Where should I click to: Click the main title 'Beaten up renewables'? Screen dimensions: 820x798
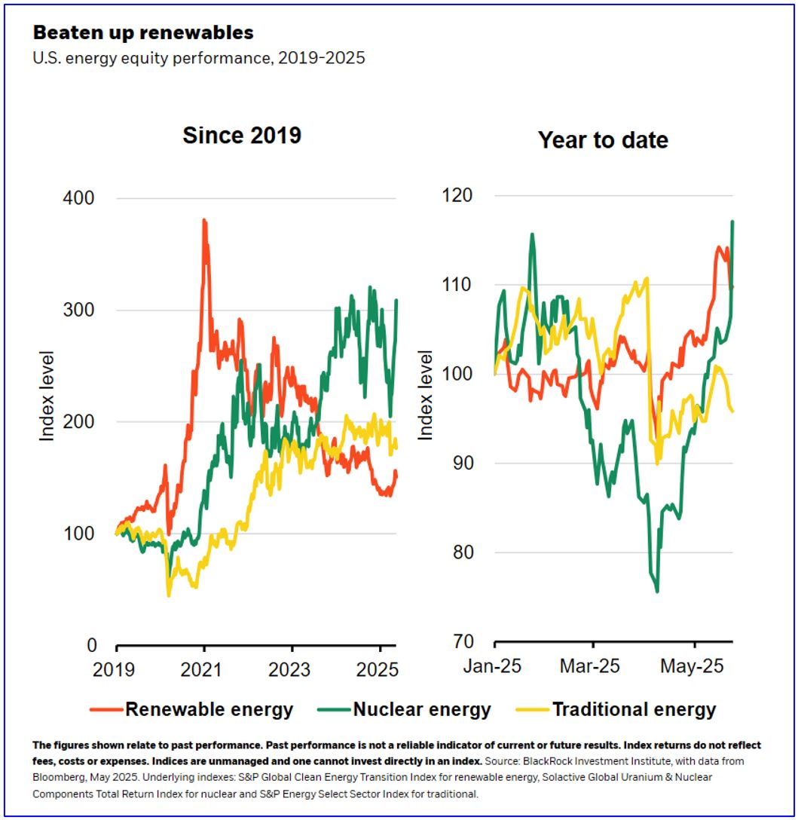pyautogui.click(x=142, y=33)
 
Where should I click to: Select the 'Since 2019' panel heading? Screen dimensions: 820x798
pyautogui.click(x=241, y=136)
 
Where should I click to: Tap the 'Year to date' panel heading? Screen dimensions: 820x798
pyautogui.click(x=603, y=140)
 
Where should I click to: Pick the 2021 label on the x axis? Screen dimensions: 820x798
pyautogui.click(x=201, y=670)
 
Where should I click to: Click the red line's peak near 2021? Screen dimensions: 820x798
pyautogui.click(x=203, y=220)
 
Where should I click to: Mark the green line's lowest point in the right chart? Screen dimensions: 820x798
pyautogui.click(x=657, y=592)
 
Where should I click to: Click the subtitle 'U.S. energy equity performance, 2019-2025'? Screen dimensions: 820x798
pyautogui.click(x=199, y=58)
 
